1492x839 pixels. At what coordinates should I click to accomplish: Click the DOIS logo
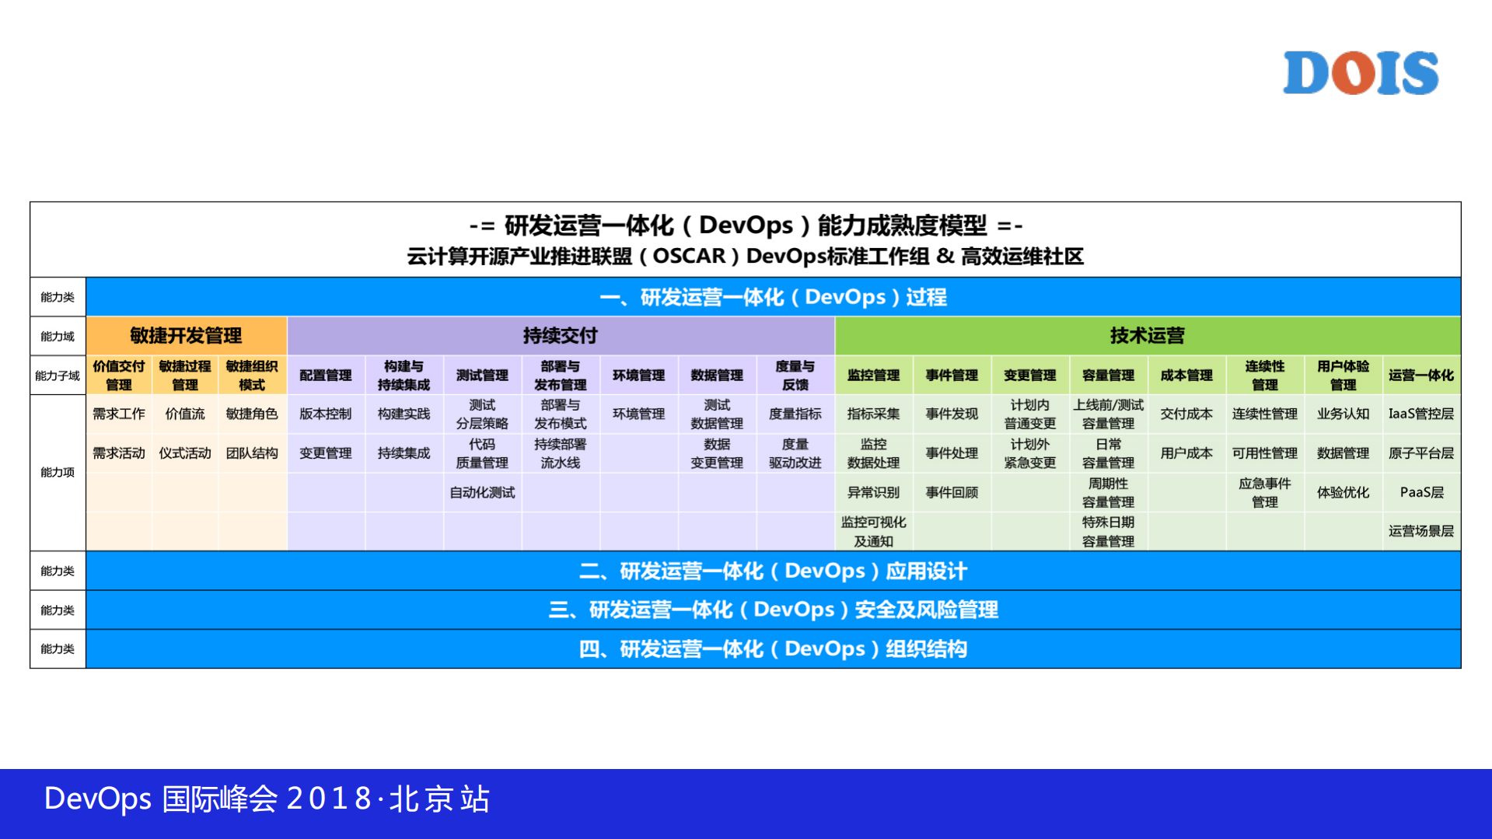(x=1360, y=73)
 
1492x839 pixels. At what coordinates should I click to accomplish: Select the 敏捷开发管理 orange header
(x=186, y=336)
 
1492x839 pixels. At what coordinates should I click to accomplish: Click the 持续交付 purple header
(x=560, y=336)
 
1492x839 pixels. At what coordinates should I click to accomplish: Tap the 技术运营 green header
(x=1147, y=336)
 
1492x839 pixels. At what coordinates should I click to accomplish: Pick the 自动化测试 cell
(x=482, y=492)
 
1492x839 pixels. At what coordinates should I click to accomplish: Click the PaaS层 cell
(x=1420, y=492)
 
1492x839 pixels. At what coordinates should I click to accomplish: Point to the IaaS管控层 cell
(x=1420, y=414)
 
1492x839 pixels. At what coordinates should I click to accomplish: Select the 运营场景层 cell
(x=1420, y=531)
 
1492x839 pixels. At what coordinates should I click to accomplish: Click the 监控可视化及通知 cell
(x=873, y=531)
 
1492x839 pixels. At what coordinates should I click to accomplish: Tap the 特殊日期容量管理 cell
(x=1108, y=531)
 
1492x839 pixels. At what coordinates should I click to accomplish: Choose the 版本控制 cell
(x=325, y=414)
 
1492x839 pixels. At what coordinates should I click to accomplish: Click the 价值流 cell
(x=185, y=414)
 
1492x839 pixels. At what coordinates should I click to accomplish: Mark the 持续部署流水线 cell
(x=560, y=453)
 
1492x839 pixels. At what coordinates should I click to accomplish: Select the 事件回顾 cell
(x=952, y=492)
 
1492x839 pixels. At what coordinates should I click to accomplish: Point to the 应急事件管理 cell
(x=1264, y=492)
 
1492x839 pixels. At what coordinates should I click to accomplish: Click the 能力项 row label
(x=58, y=472)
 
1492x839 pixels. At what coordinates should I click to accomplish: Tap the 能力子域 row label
(x=58, y=376)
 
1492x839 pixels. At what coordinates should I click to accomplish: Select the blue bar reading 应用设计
(x=773, y=571)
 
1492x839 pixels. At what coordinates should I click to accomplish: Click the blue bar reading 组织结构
(x=773, y=648)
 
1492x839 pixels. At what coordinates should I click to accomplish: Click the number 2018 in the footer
(x=330, y=799)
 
